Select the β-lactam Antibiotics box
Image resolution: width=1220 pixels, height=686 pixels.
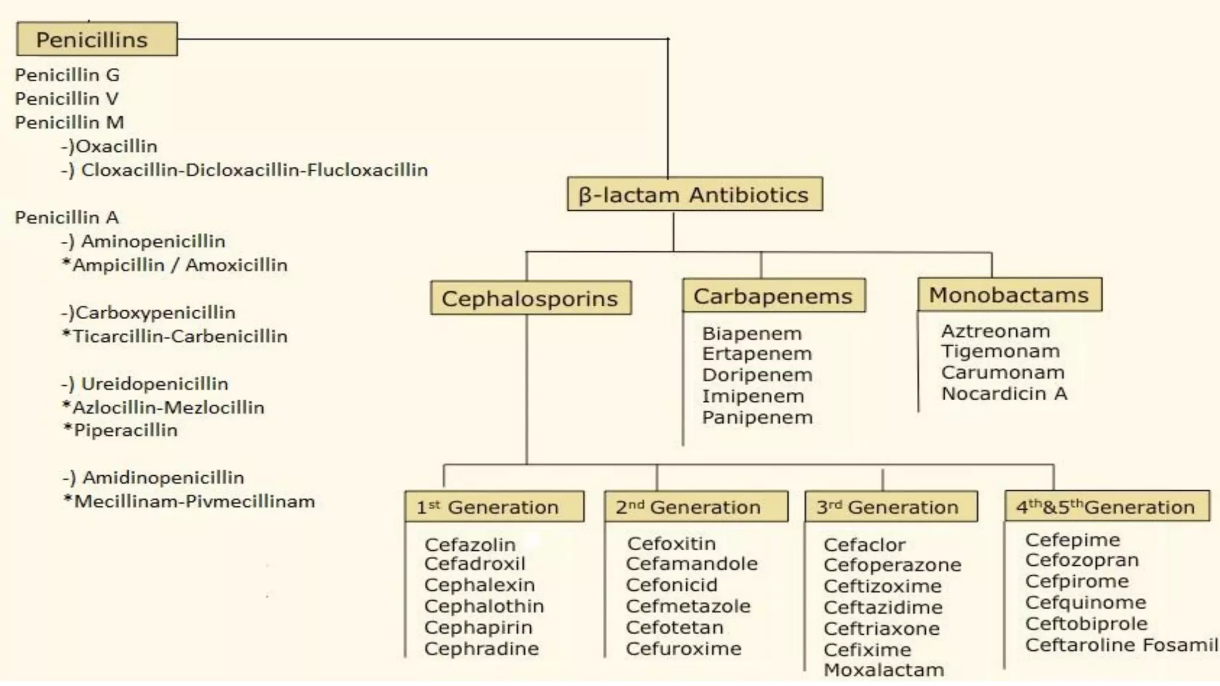click(x=695, y=194)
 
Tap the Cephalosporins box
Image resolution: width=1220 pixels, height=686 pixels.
click(x=530, y=298)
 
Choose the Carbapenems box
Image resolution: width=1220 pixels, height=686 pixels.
click(x=773, y=296)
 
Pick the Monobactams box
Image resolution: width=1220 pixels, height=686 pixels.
click(x=1009, y=295)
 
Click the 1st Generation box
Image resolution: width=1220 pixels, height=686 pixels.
click(x=494, y=507)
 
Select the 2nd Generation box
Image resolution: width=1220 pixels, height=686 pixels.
click(x=695, y=507)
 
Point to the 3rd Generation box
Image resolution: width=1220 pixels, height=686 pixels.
click(x=891, y=507)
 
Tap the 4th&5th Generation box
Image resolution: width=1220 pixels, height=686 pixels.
click(x=1106, y=507)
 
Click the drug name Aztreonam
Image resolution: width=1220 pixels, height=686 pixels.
click(x=995, y=331)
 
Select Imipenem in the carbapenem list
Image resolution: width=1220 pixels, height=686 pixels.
click(x=753, y=396)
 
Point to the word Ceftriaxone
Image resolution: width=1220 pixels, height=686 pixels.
click(x=882, y=628)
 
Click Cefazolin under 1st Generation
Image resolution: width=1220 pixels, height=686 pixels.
click(x=470, y=544)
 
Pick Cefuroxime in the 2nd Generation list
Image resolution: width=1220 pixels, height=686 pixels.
click(x=683, y=648)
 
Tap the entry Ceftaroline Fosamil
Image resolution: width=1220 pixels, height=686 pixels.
click(x=1121, y=645)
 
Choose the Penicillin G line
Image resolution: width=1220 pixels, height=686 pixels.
click(x=67, y=75)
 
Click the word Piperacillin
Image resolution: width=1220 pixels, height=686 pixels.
click(x=125, y=430)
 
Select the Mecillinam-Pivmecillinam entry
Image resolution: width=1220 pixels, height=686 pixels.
click(x=194, y=501)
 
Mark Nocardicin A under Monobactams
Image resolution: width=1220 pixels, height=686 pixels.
click(x=1004, y=394)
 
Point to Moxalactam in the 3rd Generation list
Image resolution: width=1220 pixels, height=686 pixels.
click(x=884, y=670)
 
